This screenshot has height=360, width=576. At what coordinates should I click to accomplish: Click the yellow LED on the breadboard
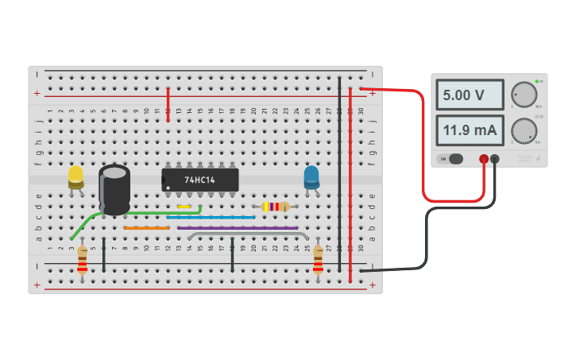tap(75, 176)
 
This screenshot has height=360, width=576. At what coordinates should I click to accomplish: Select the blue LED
tap(311, 176)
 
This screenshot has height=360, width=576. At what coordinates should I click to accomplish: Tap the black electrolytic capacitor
tap(114, 189)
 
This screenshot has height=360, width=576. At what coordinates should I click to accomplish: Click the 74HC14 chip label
tap(200, 180)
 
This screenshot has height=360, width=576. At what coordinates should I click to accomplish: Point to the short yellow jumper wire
tap(184, 207)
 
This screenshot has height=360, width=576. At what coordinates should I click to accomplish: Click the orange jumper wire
tap(146, 228)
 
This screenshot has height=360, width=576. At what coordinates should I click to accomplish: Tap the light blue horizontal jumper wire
tap(211, 217)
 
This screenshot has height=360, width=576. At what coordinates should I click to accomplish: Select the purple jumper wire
tap(238, 228)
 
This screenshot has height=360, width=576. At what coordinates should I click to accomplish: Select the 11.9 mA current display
tap(469, 130)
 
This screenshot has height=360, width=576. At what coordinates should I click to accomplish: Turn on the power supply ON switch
tap(450, 159)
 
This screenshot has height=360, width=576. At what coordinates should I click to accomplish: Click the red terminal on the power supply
tap(483, 159)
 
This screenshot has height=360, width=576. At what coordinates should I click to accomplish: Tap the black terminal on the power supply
tap(495, 159)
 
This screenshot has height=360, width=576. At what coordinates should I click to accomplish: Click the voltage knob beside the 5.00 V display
tap(524, 94)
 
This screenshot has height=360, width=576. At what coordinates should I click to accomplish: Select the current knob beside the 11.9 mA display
tap(524, 130)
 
